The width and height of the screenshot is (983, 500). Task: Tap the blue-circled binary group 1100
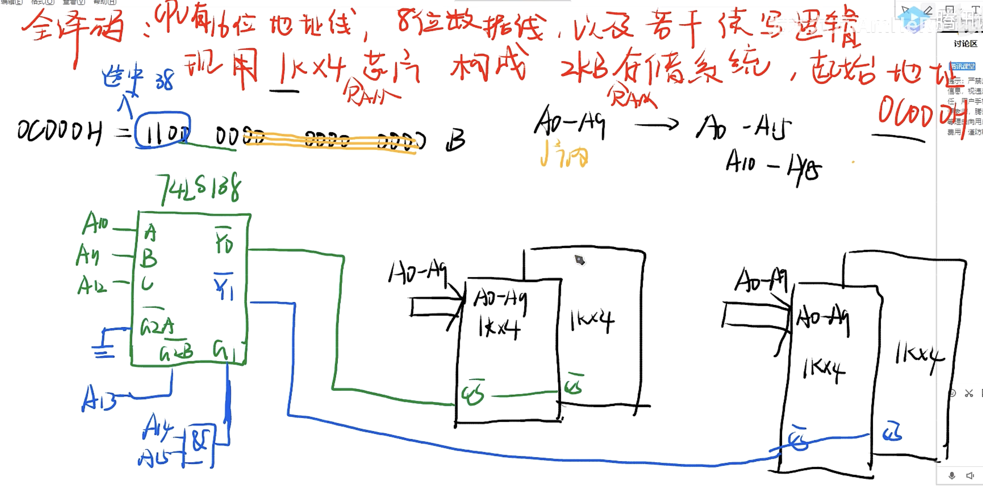(162, 130)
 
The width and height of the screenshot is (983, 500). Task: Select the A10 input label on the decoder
(95, 223)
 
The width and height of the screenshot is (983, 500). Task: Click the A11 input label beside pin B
(88, 255)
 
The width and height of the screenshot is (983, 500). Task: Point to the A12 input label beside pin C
(92, 285)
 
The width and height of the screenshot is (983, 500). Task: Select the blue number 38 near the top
(165, 80)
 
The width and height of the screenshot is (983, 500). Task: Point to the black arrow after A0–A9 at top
(656, 124)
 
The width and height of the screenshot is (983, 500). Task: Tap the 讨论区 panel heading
(965, 44)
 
